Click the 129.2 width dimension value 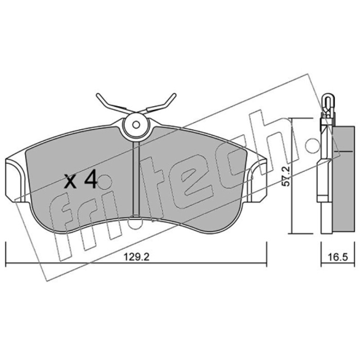coord(136,257)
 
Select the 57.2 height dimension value coord(287,176)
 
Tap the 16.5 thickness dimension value coord(337,257)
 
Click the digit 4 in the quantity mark coord(90,180)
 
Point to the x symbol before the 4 coord(71,181)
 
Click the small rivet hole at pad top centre coord(136,125)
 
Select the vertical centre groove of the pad coord(136,179)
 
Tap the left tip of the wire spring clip coord(98,95)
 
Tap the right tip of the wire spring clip coord(175,94)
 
